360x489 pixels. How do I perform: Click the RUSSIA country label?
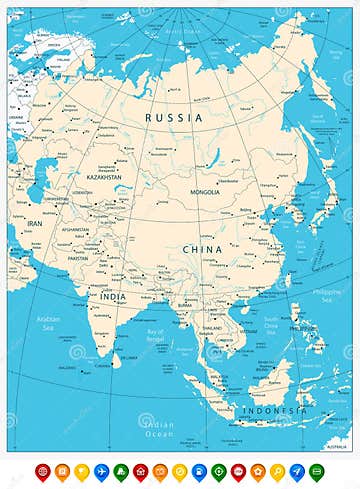point(174,118)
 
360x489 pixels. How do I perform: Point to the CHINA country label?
point(202,248)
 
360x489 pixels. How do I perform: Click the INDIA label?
point(112,296)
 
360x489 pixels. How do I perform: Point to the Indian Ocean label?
point(159,429)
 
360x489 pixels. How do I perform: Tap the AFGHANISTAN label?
point(75,229)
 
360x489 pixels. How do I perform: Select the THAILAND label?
point(212,328)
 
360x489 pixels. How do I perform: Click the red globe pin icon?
point(42,470)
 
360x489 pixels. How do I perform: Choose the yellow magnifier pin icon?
point(277,470)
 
